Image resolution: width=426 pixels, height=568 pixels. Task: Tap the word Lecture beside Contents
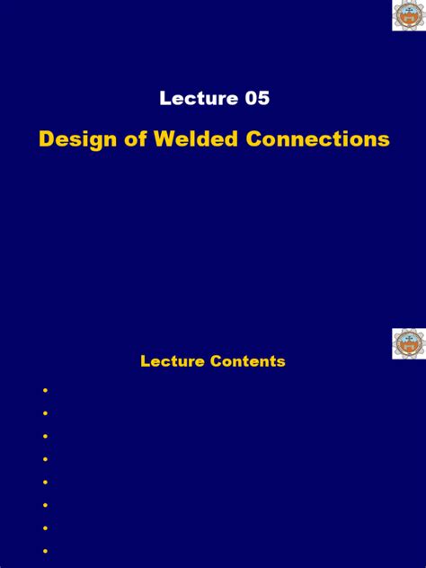(x=173, y=361)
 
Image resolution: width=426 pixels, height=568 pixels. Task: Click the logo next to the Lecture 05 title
(x=409, y=16)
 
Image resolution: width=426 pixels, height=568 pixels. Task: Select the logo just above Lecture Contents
(x=409, y=343)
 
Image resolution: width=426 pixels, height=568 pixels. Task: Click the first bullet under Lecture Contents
(x=44, y=390)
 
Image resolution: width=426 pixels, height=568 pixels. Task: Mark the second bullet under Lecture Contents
(x=44, y=413)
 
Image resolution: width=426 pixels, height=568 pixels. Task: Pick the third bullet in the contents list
(x=44, y=436)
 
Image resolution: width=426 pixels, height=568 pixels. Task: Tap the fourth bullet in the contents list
(x=44, y=458)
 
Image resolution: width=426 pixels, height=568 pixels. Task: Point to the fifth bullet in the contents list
(x=44, y=482)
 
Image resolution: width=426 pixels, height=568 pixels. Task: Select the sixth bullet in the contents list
(x=44, y=504)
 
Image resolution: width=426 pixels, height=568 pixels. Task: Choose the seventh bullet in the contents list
(x=44, y=528)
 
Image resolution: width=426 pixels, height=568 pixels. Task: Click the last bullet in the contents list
(x=44, y=550)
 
